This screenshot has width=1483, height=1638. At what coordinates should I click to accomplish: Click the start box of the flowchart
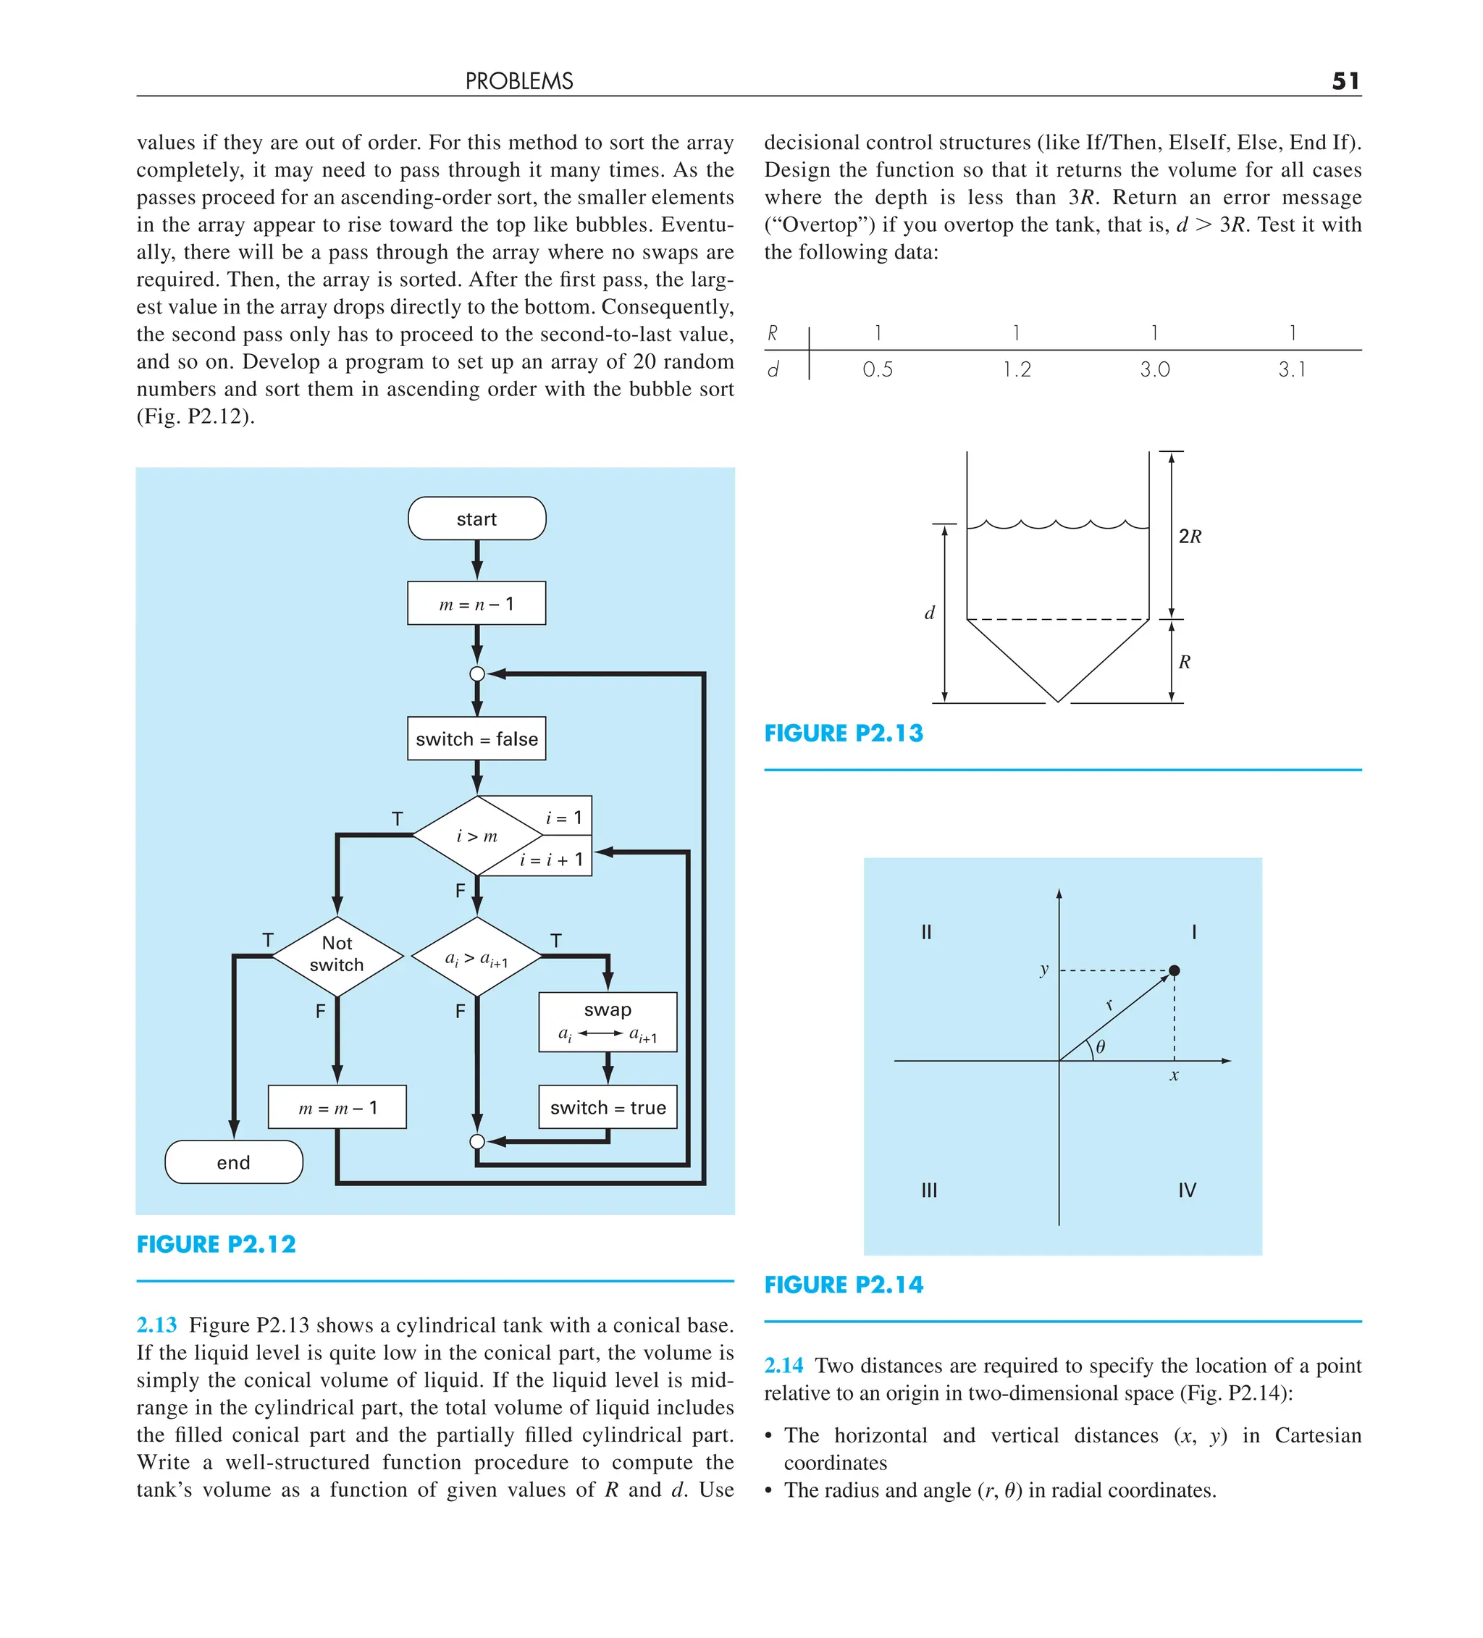[476, 518]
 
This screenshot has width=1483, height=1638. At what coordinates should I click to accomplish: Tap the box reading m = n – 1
[476, 604]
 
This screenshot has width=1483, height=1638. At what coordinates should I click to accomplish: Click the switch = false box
[476, 739]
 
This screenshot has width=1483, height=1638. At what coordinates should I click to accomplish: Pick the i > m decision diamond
[476, 835]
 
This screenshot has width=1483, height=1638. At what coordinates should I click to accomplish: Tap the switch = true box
[607, 1106]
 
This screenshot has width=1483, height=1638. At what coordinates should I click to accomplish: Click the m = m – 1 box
[337, 1107]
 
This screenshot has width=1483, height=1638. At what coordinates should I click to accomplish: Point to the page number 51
[1345, 81]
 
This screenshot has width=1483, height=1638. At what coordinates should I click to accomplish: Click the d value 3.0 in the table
[1154, 370]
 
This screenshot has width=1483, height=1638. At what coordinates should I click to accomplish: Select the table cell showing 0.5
[877, 370]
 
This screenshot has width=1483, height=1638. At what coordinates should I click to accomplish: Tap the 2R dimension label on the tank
[1190, 537]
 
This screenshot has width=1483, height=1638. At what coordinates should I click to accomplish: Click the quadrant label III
[929, 1190]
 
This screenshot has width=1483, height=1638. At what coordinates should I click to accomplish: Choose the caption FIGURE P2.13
[843, 734]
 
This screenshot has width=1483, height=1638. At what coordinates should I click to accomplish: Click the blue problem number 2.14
[783, 1366]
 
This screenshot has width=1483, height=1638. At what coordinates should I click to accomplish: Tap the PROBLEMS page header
[518, 81]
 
